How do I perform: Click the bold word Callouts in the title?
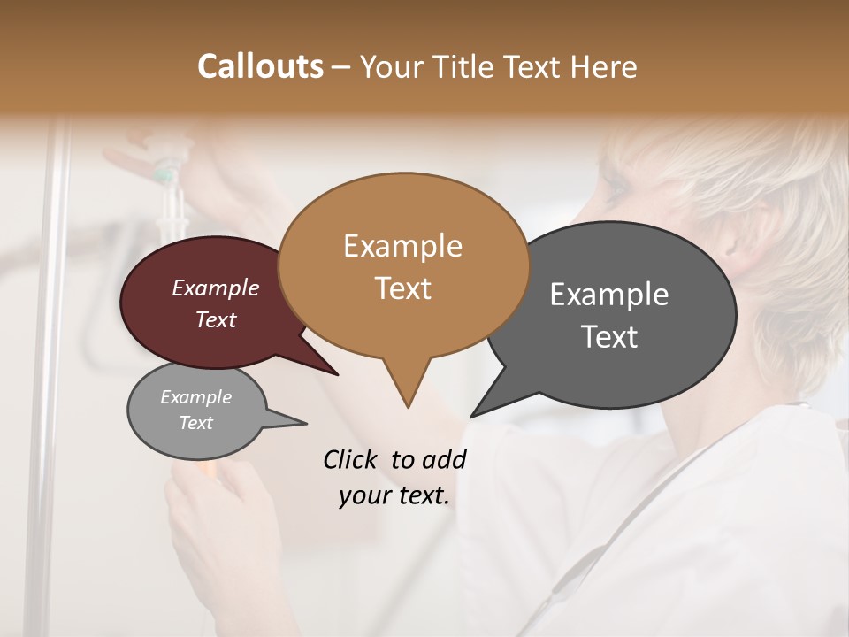click(260, 66)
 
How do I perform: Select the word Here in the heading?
click(606, 66)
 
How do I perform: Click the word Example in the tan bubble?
click(402, 246)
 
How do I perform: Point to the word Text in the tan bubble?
click(402, 288)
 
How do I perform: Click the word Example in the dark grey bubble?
click(609, 295)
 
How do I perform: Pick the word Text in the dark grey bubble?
click(609, 337)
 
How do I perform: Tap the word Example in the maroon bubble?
click(215, 288)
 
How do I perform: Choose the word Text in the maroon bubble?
click(215, 319)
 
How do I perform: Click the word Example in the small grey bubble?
click(195, 397)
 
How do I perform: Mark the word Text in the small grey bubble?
click(195, 423)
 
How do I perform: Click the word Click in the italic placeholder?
click(351, 459)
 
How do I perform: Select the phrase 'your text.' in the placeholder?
click(394, 495)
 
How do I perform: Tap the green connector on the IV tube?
click(163, 176)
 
